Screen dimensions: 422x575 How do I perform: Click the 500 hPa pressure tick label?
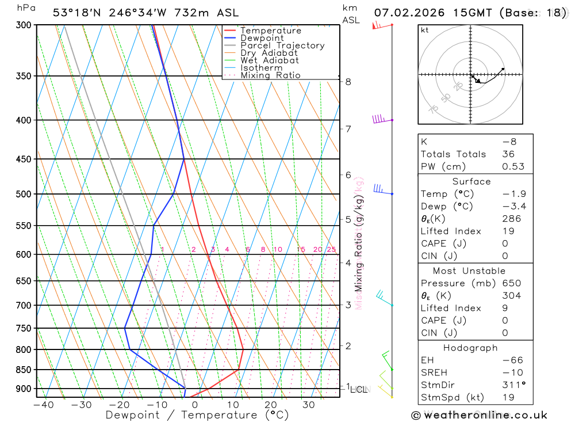[23, 194]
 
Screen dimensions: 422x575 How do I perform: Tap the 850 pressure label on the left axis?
[23, 370]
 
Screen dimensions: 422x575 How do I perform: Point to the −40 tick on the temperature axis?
[44, 405]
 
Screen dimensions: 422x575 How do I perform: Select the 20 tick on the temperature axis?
[271, 405]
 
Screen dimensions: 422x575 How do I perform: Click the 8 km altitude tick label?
[348, 82]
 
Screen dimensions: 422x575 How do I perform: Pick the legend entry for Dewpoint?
[262, 38]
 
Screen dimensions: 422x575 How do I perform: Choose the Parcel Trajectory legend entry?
[282, 45]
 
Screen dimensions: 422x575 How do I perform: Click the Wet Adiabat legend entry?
[269, 60]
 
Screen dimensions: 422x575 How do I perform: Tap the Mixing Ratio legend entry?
[270, 75]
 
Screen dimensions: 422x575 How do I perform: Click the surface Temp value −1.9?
[514, 194]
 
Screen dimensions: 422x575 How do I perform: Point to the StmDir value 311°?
[513, 385]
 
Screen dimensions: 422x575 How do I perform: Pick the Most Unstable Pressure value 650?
[512, 283]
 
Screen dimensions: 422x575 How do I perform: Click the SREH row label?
[435, 372]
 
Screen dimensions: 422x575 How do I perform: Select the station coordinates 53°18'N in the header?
[76, 13]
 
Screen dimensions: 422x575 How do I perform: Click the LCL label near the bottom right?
[359, 390]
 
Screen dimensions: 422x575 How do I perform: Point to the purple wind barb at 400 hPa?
[379, 119]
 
